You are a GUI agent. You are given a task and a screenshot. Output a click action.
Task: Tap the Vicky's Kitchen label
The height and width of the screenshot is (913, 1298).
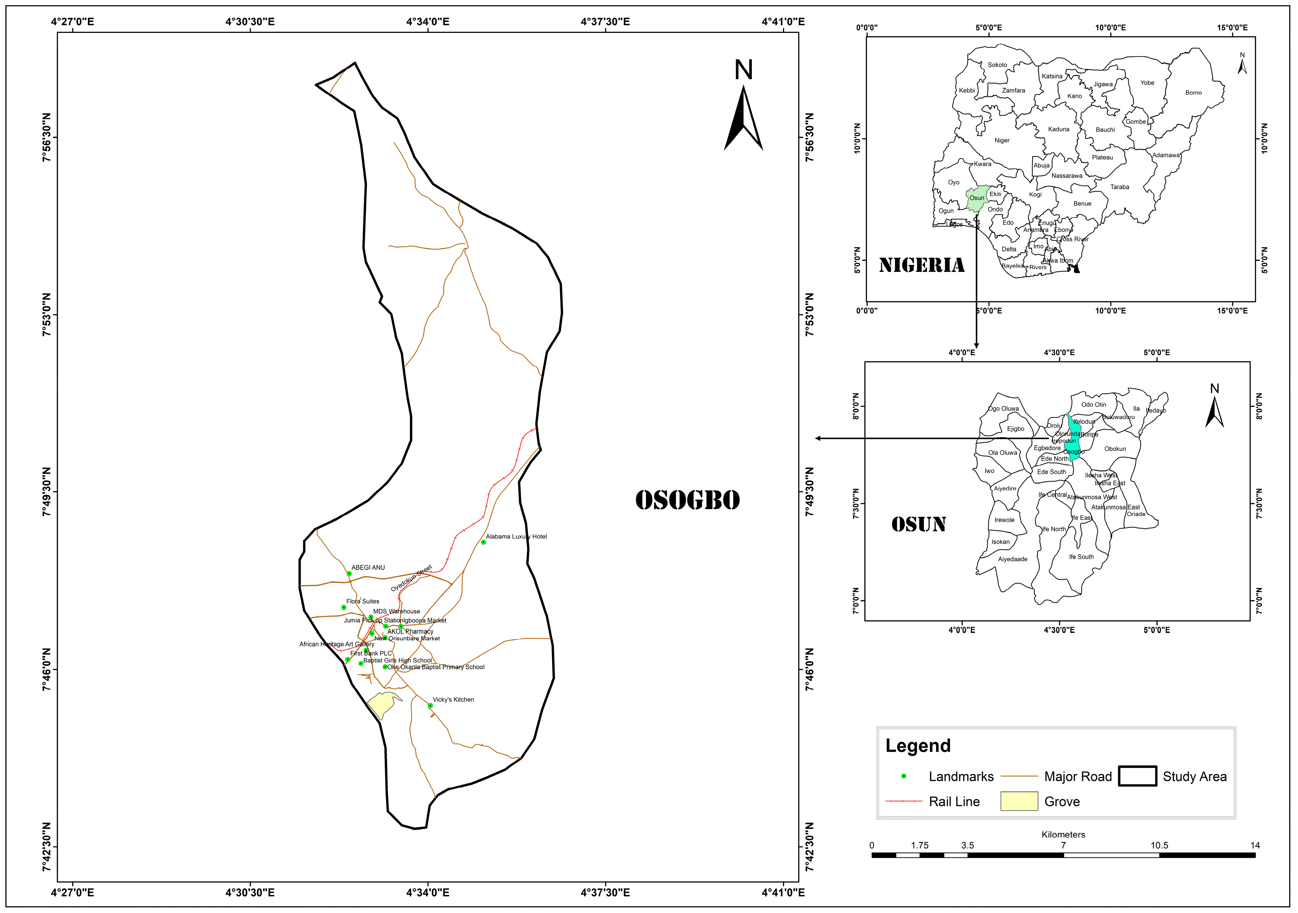point(453,700)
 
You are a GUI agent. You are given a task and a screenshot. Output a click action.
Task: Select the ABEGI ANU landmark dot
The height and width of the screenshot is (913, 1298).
point(349,574)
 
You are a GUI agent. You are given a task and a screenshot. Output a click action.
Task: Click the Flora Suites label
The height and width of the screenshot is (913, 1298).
point(363,601)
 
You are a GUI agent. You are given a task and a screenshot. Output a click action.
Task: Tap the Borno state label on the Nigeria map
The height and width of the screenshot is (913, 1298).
point(1194,93)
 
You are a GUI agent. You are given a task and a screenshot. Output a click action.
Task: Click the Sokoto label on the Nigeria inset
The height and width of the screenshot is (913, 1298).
point(997,65)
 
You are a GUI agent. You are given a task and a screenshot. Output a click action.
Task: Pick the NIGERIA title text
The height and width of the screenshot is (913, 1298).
point(922,265)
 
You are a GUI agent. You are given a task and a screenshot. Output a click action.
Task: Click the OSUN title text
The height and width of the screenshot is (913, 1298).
point(919,524)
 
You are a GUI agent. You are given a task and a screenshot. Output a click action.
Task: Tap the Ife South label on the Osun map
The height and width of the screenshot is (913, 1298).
point(1081,556)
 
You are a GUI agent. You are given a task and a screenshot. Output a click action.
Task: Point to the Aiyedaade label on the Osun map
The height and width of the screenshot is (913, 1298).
point(1012,559)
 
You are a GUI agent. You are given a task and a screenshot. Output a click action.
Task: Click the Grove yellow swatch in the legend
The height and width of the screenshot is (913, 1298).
point(1019,801)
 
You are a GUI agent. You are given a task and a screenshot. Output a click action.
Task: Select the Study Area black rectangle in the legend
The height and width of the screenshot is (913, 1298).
point(1138,776)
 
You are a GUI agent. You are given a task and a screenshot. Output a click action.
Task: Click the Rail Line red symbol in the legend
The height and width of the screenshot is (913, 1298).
point(904,801)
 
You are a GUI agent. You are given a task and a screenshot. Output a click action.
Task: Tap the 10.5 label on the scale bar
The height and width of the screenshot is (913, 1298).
point(1159,845)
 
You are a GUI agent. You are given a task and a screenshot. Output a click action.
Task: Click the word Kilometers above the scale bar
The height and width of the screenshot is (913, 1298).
point(1063,835)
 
